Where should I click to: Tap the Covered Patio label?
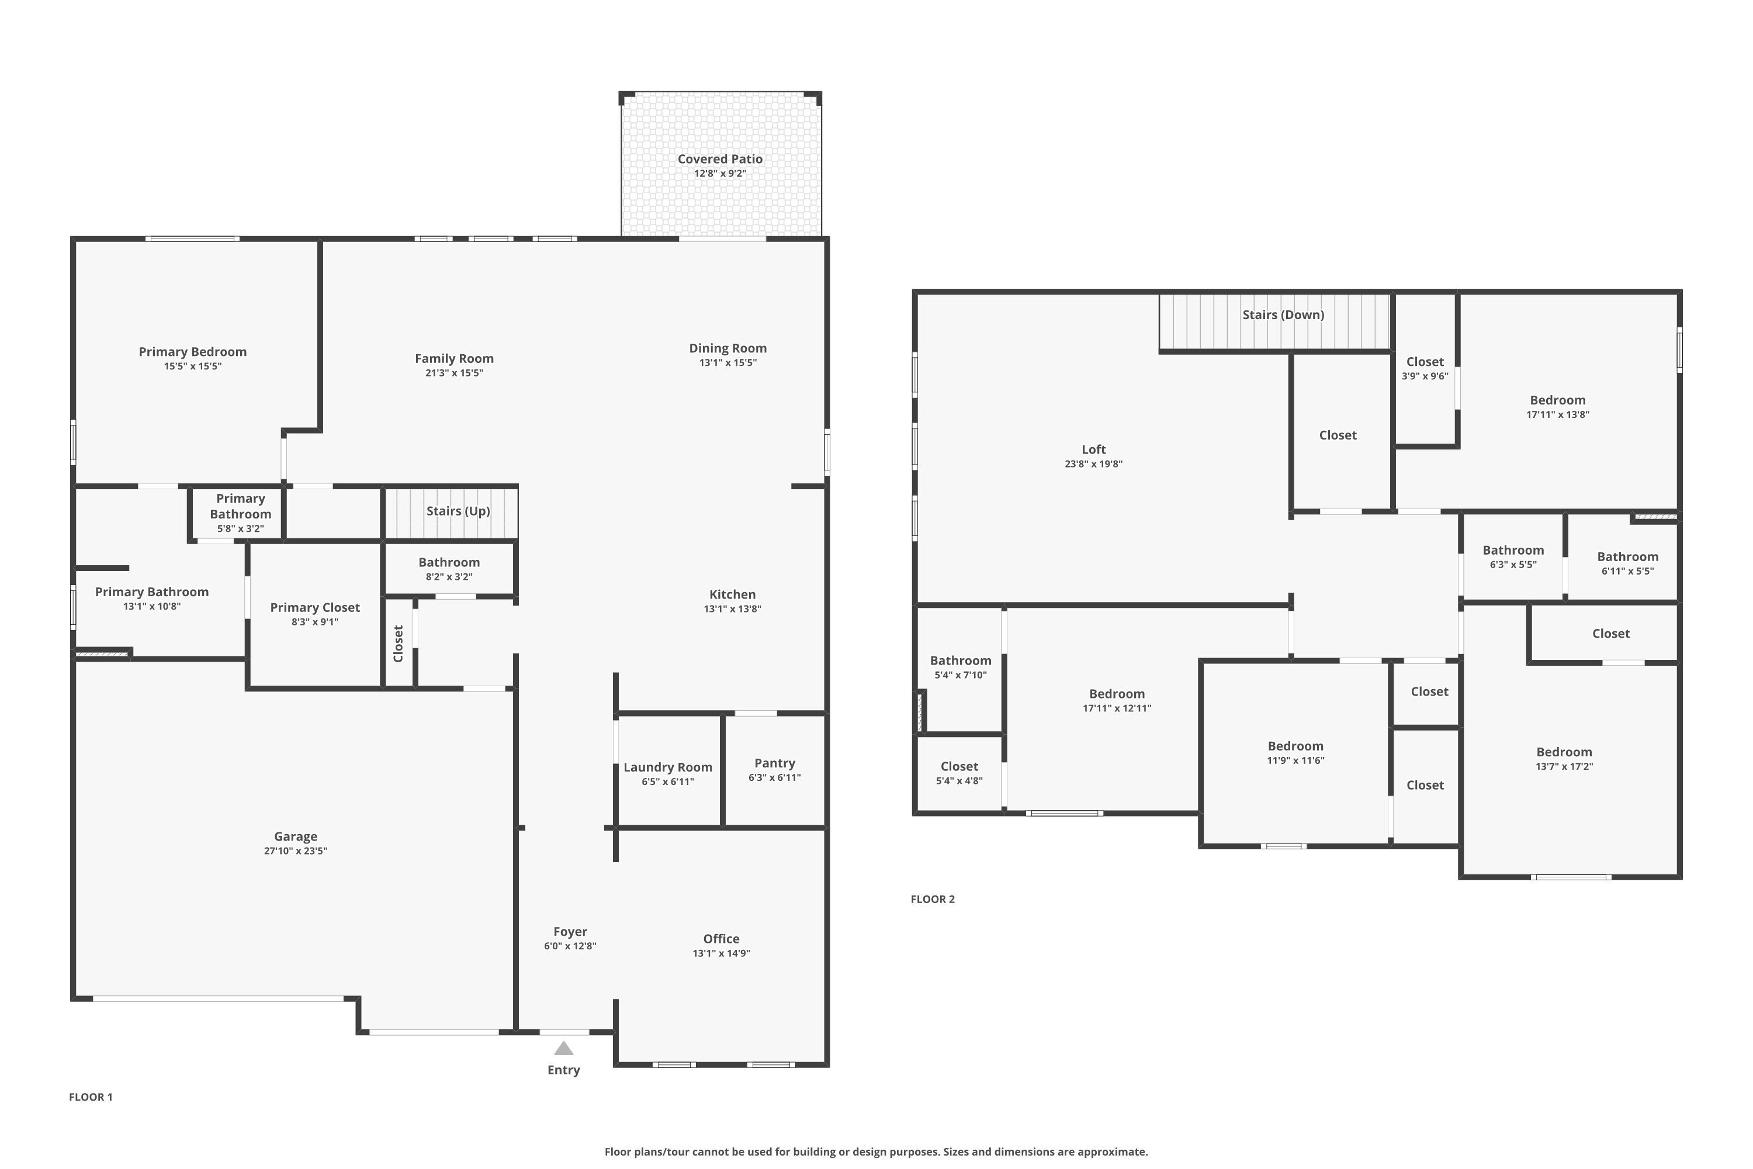(x=719, y=159)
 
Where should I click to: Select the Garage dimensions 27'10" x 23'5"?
(x=295, y=850)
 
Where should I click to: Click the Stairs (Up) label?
(x=458, y=511)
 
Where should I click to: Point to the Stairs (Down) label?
(x=1283, y=314)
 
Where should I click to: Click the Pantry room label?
(x=774, y=763)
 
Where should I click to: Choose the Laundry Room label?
(x=667, y=767)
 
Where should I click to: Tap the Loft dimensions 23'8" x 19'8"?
(x=1093, y=464)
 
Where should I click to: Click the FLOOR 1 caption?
(x=90, y=1097)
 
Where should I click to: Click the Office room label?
(x=720, y=939)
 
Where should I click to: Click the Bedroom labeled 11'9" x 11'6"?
(x=1295, y=746)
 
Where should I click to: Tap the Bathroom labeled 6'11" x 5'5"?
(x=1627, y=557)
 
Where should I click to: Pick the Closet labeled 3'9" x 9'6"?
(x=1425, y=362)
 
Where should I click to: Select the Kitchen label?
(x=732, y=594)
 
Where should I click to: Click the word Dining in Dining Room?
(x=708, y=348)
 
